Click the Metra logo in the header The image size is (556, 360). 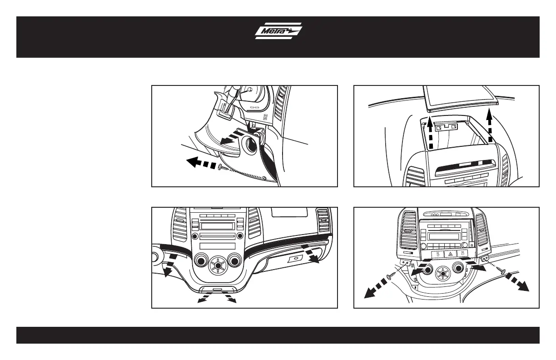[x=278, y=31]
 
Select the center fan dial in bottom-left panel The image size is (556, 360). [x=218, y=265]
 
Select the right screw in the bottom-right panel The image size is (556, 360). [x=502, y=271]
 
